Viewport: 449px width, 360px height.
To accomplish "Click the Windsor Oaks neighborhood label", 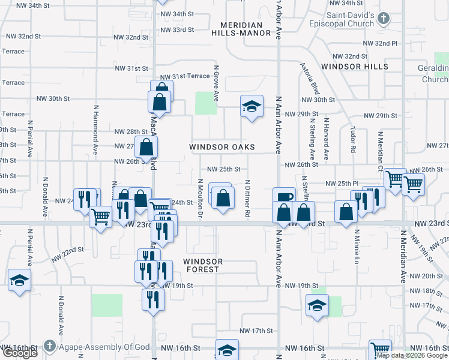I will (222, 147).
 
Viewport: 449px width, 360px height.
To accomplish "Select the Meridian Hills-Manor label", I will (241, 29).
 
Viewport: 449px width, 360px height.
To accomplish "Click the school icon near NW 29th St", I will (252, 107).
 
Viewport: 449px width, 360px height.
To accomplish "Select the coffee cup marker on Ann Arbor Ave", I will (284, 197).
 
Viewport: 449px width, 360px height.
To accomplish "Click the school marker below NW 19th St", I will (317, 305).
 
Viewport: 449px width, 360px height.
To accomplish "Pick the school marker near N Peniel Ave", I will (19, 280).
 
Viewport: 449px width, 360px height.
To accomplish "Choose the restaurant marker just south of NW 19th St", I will (153, 299).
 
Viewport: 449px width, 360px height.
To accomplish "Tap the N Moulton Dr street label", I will (199, 198).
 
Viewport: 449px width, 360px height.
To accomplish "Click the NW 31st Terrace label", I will (184, 76).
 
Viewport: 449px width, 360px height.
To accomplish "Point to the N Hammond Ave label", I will (95, 130).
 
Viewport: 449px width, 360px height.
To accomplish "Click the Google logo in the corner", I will (20, 353).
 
